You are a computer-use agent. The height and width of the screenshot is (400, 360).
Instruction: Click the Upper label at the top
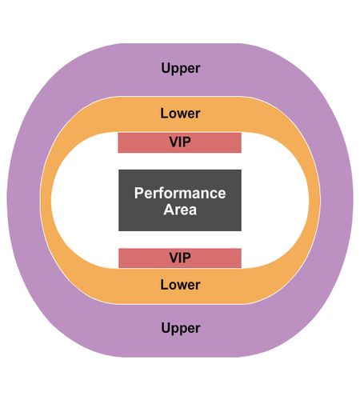click(x=181, y=68)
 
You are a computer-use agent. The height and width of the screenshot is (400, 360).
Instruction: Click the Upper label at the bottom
click(x=181, y=328)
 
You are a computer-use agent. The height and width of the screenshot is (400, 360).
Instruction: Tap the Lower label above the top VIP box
click(x=180, y=114)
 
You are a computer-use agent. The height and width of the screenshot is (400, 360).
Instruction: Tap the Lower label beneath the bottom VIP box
click(x=180, y=285)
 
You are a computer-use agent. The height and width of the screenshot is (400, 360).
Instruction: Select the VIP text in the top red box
click(x=180, y=142)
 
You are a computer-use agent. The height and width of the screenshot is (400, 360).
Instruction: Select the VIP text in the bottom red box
click(x=180, y=258)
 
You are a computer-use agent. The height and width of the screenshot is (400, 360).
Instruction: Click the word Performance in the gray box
click(x=180, y=193)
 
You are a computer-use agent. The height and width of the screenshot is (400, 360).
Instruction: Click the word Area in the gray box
click(x=180, y=210)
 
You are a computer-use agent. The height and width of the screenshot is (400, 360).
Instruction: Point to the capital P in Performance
click(x=138, y=193)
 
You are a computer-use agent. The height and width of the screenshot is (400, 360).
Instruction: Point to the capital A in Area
click(x=169, y=210)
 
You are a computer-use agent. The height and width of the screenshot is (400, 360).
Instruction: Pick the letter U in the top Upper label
click(x=166, y=68)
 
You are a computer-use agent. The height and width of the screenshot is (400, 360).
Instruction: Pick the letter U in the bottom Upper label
click(x=166, y=327)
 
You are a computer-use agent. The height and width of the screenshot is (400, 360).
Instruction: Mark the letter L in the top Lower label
click(x=164, y=114)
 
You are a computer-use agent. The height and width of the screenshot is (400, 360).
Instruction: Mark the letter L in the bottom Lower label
click(x=164, y=285)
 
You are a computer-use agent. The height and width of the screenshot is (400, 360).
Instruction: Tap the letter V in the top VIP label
click(x=174, y=142)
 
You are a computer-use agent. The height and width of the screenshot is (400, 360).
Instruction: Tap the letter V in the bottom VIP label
click(x=174, y=258)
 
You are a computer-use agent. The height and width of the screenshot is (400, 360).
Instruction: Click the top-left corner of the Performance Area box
click(x=118, y=170)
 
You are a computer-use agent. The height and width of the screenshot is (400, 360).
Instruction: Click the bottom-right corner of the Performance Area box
click(x=242, y=231)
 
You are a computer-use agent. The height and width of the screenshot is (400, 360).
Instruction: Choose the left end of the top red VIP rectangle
click(x=118, y=142)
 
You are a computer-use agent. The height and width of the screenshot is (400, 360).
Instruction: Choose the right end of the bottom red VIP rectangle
click(x=242, y=258)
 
